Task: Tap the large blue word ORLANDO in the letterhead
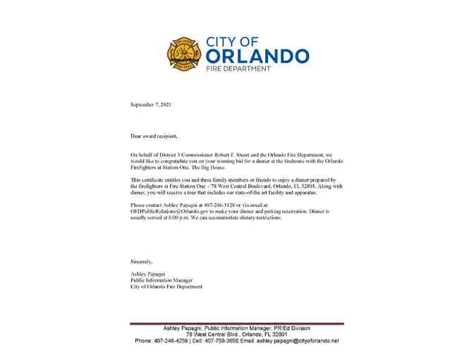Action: pos(257,56)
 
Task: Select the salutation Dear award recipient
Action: pos(154,136)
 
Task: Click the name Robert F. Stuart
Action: pos(257,154)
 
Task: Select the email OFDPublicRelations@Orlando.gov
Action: pos(176,211)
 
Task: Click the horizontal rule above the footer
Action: pos(237,323)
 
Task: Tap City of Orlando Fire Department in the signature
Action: pos(166,287)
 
